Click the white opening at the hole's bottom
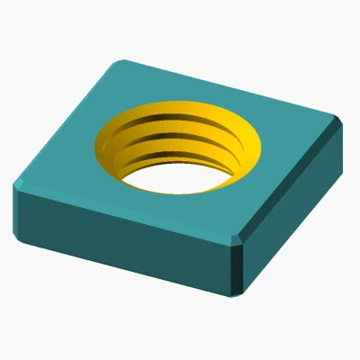coord(175,178)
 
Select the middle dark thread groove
coord(184,143)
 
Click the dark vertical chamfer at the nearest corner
coord(238,266)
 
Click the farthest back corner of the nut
coord(121,60)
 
